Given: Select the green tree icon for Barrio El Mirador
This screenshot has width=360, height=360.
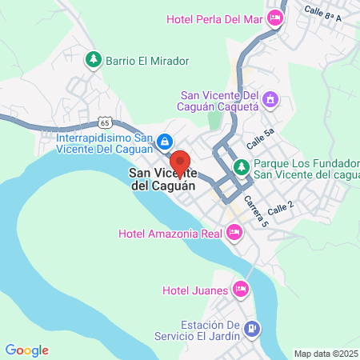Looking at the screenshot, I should (x=94, y=59).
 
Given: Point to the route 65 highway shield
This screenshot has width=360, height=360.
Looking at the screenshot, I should (x=105, y=122).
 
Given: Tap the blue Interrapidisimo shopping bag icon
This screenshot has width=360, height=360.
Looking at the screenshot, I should (x=164, y=142).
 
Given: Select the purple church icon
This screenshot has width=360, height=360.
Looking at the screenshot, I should (x=271, y=100).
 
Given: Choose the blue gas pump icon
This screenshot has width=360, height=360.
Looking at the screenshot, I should (x=252, y=328).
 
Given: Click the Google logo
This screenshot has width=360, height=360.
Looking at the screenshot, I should (x=27, y=350).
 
